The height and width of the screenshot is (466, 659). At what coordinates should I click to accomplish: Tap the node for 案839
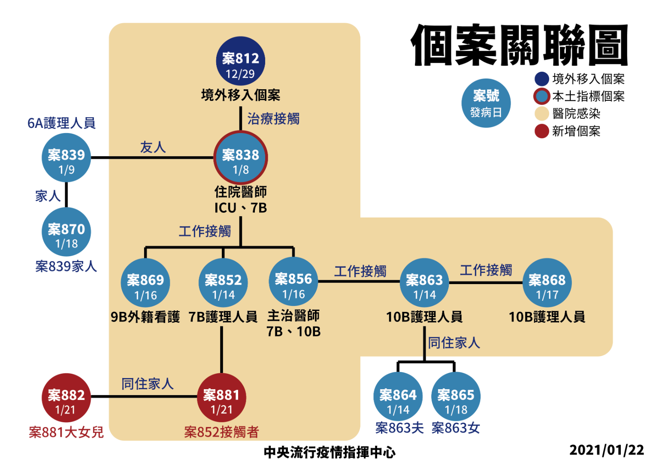coord(66,158)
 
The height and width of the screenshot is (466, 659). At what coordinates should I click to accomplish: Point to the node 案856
coord(293,282)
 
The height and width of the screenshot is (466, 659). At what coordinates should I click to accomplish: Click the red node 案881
coord(221,398)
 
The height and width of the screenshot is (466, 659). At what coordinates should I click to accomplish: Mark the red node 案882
coord(66,398)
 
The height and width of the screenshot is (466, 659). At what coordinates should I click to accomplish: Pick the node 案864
coord(398,398)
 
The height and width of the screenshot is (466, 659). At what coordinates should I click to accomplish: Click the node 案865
coord(456,398)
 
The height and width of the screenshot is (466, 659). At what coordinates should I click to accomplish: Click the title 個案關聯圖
coord(520,45)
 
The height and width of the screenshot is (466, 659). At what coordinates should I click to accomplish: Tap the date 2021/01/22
coord(607,450)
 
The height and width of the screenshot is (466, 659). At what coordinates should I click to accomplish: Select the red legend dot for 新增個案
coord(542,131)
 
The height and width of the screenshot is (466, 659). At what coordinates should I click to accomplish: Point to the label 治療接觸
coord(273,118)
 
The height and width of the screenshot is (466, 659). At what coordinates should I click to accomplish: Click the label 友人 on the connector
coord(153,147)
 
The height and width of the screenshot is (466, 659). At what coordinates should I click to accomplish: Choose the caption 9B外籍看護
coord(145,317)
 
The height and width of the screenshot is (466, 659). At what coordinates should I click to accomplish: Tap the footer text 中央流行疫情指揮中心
coord(329,452)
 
